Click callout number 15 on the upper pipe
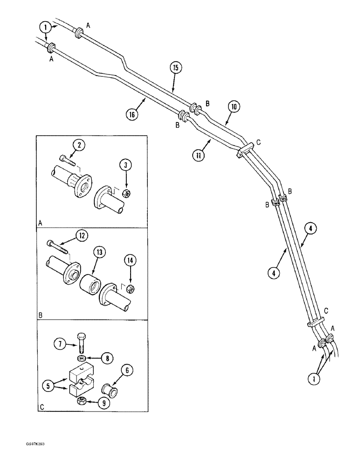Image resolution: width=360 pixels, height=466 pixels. click(x=175, y=68)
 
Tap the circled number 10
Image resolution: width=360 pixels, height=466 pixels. click(x=234, y=107)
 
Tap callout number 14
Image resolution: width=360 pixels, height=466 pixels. click(x=131, y=262)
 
